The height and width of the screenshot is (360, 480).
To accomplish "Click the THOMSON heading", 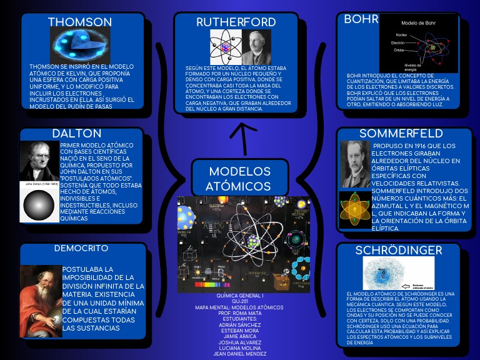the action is pyautogui.click(x=80, y=22).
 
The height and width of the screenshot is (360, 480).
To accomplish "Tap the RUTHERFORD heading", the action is pyautogui.click(x=236, y=22).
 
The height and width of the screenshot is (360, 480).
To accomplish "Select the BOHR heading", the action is pyautogui.click(x=361, y=19).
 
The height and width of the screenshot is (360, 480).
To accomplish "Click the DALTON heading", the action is pyautogui.click(x=77, y=134).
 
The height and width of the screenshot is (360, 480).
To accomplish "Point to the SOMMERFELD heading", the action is pyautogui.click(x=401, y=134).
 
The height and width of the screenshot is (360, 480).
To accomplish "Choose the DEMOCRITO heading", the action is pyautogui.click(x=81, y=248).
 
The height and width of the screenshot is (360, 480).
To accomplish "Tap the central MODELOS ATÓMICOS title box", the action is pyautogui.click(x=239, y=179).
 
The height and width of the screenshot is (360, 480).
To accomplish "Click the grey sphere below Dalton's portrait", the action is pyautogui.click(x=39, y=204).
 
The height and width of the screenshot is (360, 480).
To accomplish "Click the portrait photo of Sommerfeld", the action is pyautogui.click(x=355, y=164).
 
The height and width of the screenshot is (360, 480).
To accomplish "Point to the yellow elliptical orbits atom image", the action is pyautogui.click(x=355, y=209).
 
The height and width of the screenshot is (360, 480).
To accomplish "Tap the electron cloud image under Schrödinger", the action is pyautogui.click(x=389, y=273).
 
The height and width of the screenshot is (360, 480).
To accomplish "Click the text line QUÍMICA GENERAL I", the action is pyautogui.click(x=239, y=295).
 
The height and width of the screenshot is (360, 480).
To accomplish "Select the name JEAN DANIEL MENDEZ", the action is pyautogui.click(x=239, y=354).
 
